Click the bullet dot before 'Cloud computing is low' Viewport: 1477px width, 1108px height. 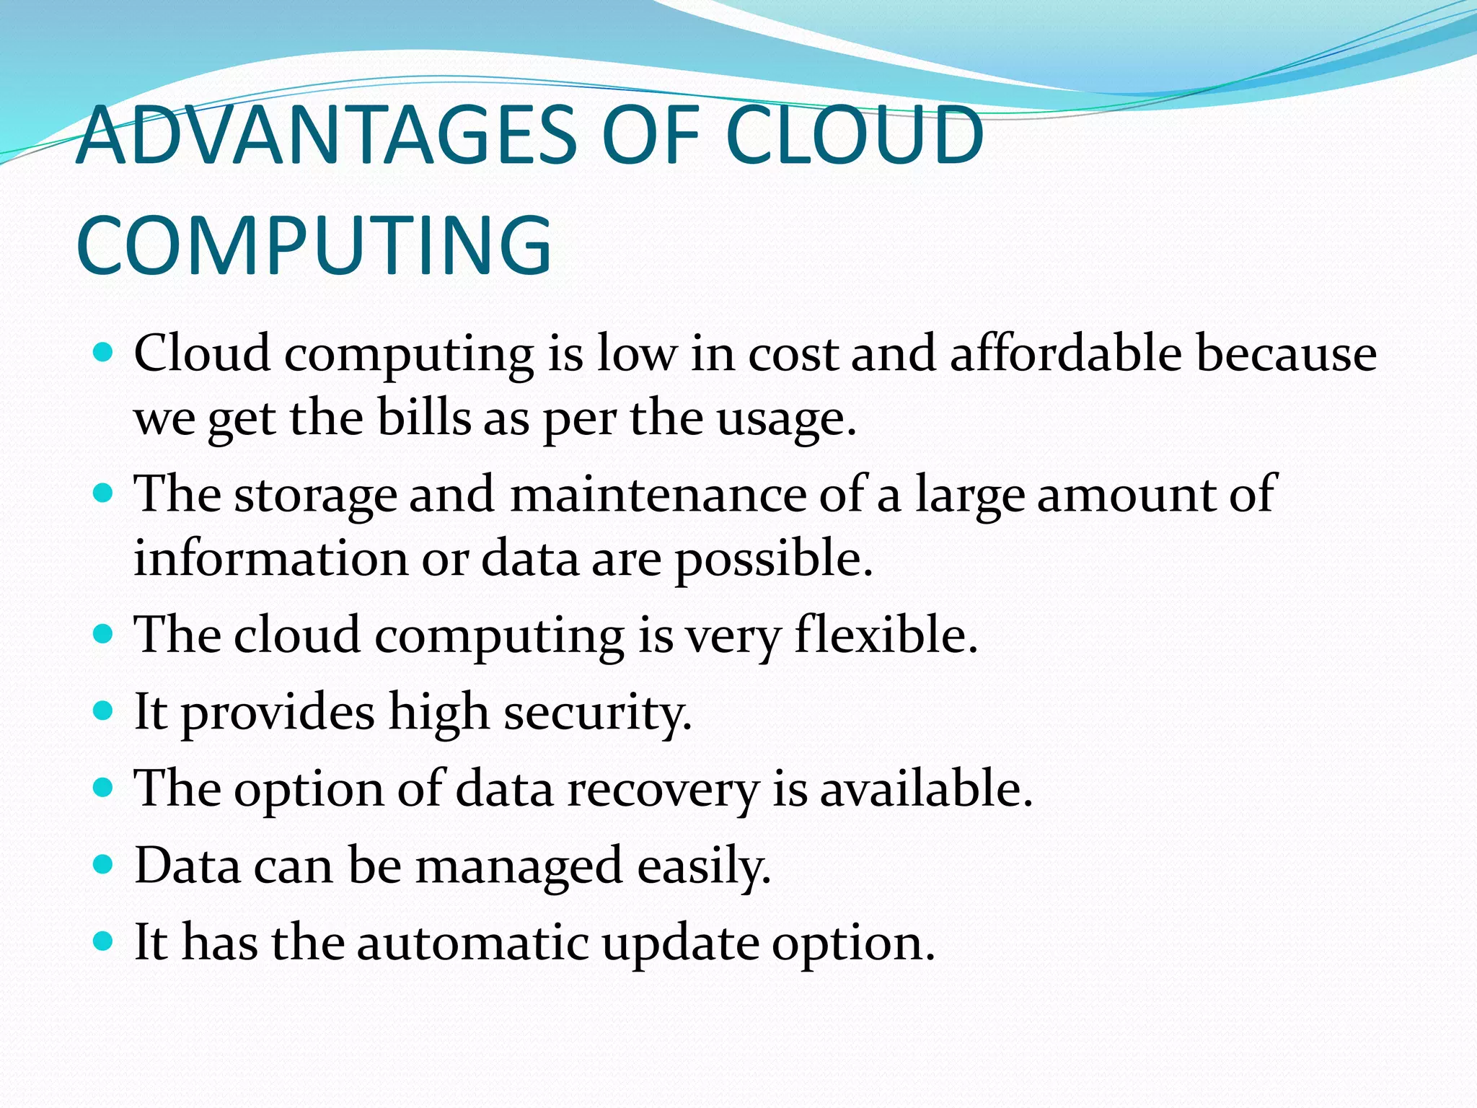point(105,353)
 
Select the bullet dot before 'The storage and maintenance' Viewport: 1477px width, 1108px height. point(105,493)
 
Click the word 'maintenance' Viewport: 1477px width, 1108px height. point(658,495)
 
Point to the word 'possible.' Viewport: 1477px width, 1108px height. point(774,559)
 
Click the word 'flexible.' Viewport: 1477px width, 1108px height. point(886,635)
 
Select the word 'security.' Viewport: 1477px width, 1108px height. point(598,713)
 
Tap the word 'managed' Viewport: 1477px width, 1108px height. point(519,866)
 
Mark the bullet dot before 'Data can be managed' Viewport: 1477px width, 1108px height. point(105,864)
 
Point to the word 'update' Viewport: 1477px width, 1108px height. point(680,944)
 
